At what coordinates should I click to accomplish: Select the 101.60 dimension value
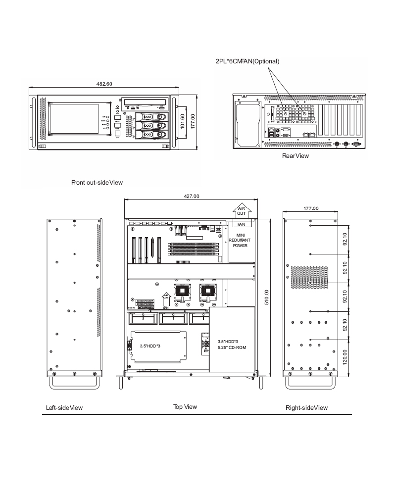pos(183,121)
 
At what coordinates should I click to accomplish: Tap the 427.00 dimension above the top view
pos(192,196)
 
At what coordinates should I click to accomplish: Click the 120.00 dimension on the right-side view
pos(345,355)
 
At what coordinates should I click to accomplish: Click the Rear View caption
pos(295,156)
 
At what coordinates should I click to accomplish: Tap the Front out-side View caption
pos(97,183)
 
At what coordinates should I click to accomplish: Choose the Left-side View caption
pos(64,408)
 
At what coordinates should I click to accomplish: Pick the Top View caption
pos(185,407)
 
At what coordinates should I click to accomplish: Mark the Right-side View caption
pos(306,408)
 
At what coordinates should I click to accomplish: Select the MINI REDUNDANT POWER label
pos(241,240)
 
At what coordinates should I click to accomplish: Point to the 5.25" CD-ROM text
pos(232,347)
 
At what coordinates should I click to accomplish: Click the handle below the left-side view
pos(74,383)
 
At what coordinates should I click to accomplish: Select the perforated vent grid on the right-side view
pos(309,278)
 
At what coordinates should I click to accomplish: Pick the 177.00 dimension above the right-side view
pos(310,208)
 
